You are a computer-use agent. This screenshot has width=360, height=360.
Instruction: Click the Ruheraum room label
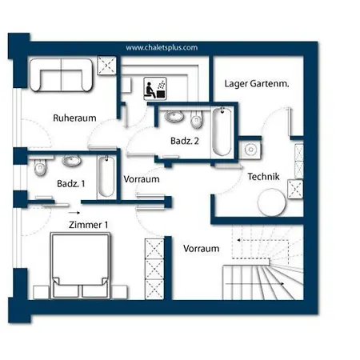(x=74, y=118)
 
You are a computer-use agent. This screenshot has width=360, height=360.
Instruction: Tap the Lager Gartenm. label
(x=257, y=84)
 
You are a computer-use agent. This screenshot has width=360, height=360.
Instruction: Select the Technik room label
(x=263, y=177)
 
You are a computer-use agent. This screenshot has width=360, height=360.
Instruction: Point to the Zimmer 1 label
(x=88, y=225)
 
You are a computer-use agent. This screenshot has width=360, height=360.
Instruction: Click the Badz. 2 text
(x=185, y=141)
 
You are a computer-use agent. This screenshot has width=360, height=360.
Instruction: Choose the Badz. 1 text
(x=71, y=183)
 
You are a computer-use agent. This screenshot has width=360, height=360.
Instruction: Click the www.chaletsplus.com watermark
(x=162, y=48)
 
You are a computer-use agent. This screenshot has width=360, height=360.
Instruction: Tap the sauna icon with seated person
(x=155, y=89)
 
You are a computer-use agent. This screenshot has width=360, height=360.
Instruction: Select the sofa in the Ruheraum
(x=61, y=75)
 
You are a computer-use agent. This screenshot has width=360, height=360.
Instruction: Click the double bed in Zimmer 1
(x=80, y=266)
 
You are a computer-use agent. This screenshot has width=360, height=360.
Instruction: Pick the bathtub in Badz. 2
(x=222, y=131)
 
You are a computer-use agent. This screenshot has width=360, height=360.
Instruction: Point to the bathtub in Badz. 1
(x=106, y=177)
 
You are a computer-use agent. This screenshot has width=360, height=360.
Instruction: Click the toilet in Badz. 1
(x=40, y=167)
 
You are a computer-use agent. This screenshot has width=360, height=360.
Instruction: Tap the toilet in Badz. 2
(x=197, y=119)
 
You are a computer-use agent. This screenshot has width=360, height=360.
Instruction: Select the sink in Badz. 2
(x=174, y=117)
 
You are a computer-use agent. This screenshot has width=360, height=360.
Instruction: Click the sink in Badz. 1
(x=71, y=161)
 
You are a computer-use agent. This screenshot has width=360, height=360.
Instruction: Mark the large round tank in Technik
(x=271, y=202)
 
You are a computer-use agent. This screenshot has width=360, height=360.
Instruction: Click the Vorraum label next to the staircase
(x=202, y=249)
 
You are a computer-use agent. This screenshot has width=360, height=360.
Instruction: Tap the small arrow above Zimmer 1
(x=74, y=213)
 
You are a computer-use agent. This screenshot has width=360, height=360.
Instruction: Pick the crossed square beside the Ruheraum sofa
(x=106, y=66)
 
